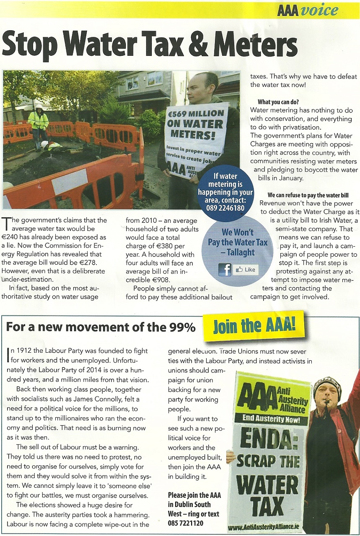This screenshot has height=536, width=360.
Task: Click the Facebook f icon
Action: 225,269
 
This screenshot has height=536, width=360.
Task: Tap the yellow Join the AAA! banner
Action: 254,326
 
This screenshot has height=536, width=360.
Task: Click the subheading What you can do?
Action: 278,102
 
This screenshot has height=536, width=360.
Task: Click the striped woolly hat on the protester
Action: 327,385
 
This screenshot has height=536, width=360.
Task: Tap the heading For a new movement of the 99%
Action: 101,327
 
